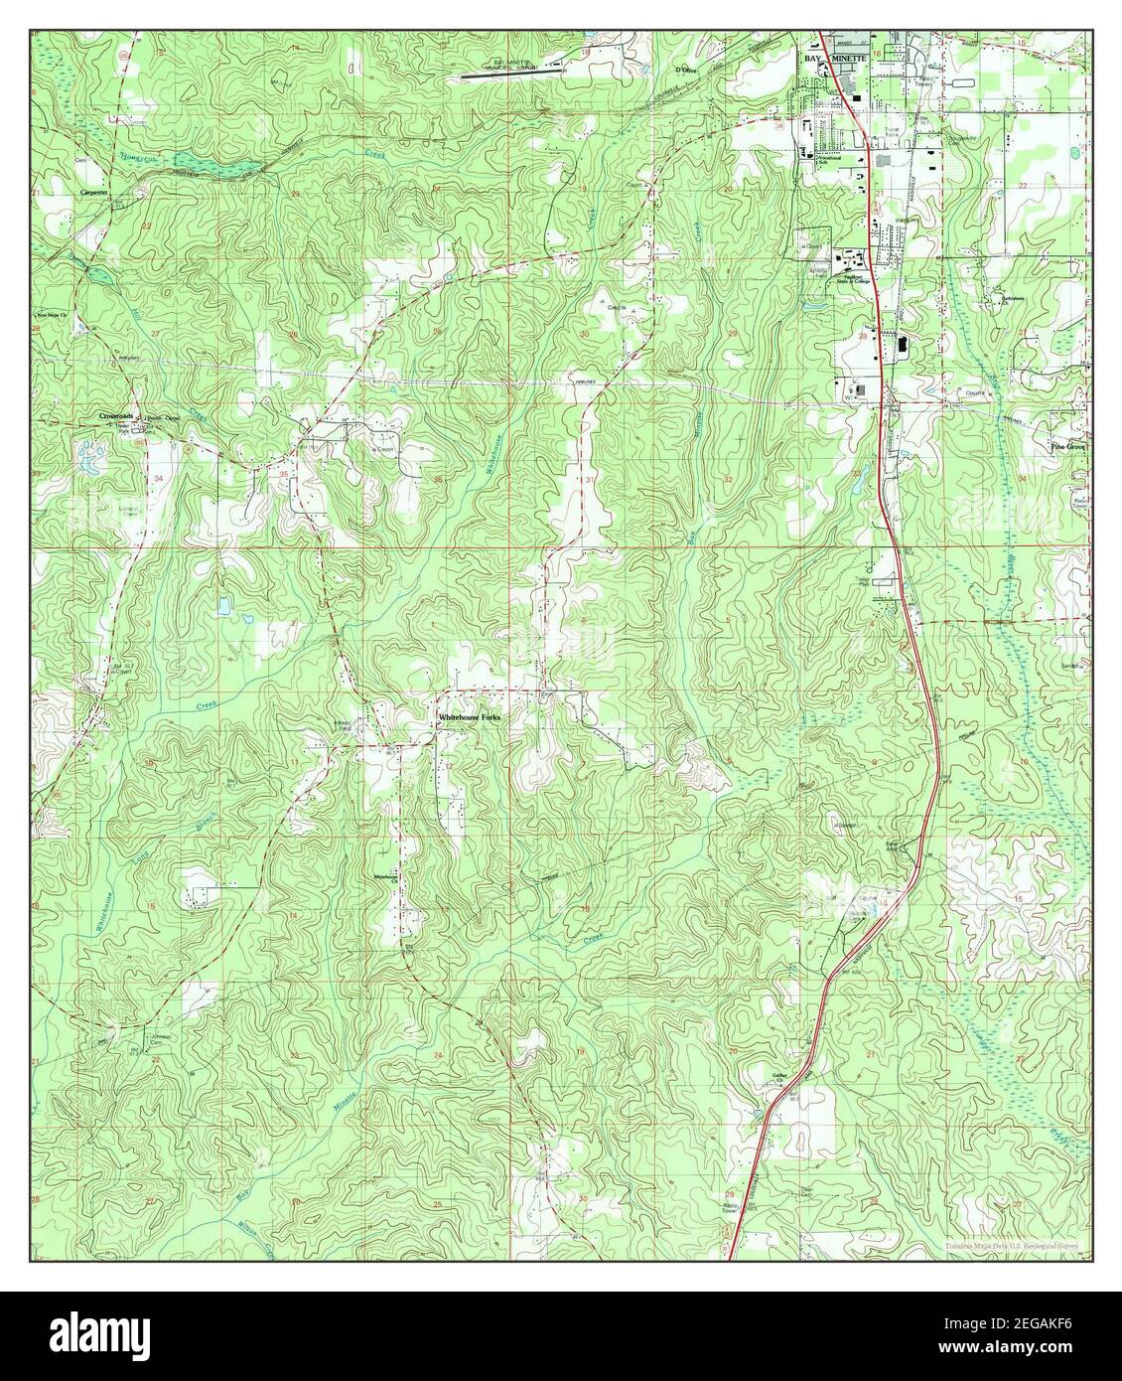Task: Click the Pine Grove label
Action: pos(1070,447)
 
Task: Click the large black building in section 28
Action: pos(902,345)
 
